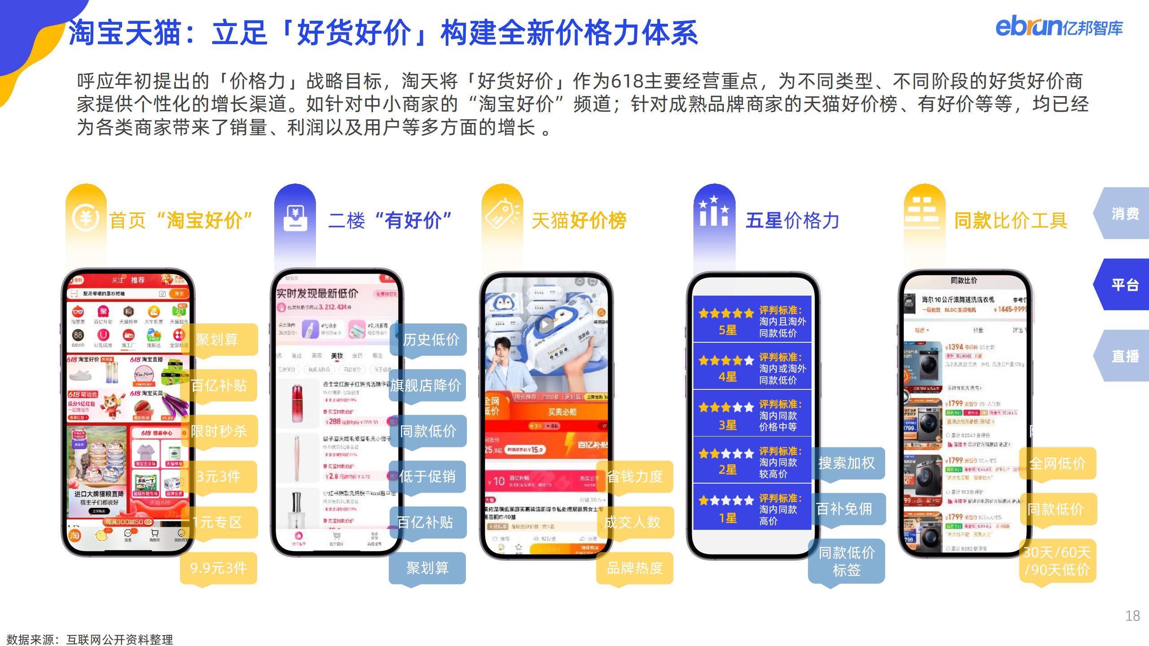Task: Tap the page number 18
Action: pos(1132,615)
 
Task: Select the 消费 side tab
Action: pos(1124,214)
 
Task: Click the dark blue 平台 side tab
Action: pos(1124,284)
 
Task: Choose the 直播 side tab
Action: pos(1124,356)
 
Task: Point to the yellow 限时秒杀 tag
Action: pos(219,431)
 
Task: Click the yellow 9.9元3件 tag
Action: pos(219,568)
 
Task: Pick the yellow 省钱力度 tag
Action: pos(635,476)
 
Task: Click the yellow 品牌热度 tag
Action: pos(635,568)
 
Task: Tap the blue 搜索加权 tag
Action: pos(846,463)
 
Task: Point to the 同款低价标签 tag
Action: pos(846,561)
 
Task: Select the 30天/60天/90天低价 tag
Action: pos(1057,561)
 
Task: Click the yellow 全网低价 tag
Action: pos(1057,463)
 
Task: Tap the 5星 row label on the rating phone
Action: pos(728,330)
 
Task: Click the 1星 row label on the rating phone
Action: pos(728,518)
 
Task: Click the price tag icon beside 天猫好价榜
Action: pos(502,215)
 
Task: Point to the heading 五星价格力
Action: pos(792,221)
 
